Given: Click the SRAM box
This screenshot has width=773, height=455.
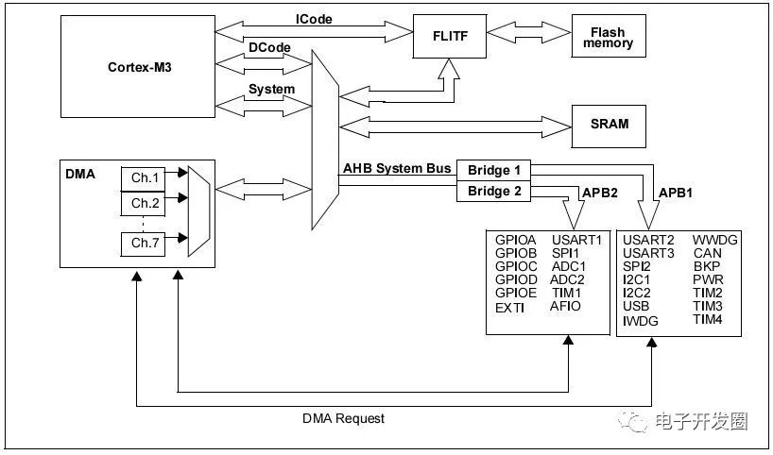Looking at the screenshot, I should (609, 124).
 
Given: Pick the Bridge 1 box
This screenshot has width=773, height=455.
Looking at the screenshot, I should (492, 170).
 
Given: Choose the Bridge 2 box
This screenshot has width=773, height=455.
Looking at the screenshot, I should (492, 192).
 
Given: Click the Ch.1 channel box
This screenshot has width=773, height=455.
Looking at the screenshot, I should (146, 177).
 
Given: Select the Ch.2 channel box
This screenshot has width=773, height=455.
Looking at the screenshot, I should (146, 203).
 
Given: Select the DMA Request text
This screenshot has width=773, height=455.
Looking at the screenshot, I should (343, 417).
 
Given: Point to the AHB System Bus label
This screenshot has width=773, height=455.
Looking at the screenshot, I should (396, 169).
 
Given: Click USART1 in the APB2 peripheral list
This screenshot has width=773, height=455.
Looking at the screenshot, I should (576, 240).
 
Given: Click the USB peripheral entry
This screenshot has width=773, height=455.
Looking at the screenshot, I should (635, 307).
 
